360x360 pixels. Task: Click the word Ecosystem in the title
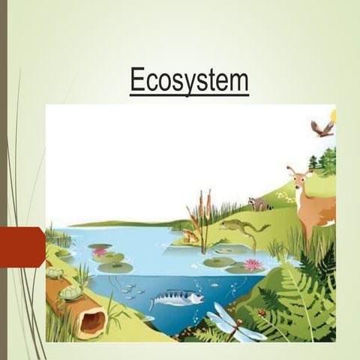(188, 80)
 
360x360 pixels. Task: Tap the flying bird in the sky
(322, 128)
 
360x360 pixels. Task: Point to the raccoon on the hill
(260, 203)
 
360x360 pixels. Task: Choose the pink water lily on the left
(100, 252)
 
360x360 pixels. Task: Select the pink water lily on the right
(252, 264)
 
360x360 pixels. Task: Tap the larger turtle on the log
(70, 291)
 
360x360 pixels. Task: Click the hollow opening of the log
(92, 322)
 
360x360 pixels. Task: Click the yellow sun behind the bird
(332, 117)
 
